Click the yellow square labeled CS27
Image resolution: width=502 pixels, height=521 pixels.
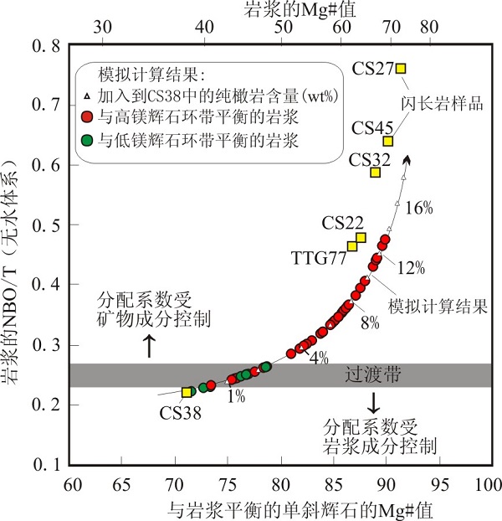(x=401, y=68)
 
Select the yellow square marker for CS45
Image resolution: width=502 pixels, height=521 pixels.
(x=388, y=141)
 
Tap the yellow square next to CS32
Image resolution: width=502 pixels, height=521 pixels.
(x=376, y=172)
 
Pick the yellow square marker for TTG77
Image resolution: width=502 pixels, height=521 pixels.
(x=352, y=246)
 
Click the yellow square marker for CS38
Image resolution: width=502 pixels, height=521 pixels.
(x=187, y=392)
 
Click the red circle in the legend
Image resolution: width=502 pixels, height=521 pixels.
(x=87, y=116)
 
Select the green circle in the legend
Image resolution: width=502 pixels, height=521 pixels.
(x=87, y=138)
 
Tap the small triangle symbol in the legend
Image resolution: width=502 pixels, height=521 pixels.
(x=87, y=95)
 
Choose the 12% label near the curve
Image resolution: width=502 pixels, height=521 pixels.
(x=412, y=268)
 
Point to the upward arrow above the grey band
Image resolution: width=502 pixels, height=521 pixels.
(x=150, y=344)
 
